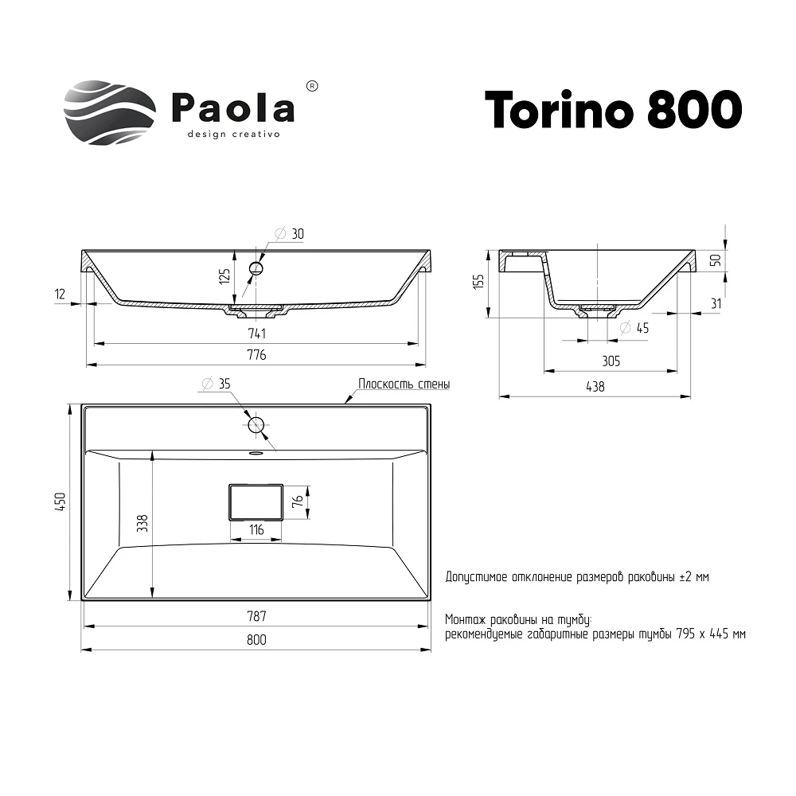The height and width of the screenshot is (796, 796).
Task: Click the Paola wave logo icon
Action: coord(109,112)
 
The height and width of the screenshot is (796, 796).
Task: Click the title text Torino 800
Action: coord(613,109)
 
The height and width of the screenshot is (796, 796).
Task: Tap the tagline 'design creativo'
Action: coord(232,135)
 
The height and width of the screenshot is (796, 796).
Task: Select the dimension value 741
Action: coord(256,333)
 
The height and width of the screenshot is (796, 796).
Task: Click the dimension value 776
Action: coord(256,354)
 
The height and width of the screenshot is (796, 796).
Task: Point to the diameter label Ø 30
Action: coord(290,234)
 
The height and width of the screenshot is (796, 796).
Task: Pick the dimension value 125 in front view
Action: coord(224,276)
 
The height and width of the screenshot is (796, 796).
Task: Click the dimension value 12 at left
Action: coord(60,294)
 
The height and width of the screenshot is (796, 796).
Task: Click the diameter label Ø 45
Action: coord(634,327)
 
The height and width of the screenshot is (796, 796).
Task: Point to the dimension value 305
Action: coord(611,361)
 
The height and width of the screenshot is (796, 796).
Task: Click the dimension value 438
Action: coord(595,386)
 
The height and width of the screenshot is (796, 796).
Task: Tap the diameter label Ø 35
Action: coord(216,384)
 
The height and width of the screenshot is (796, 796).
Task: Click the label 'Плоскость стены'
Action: coord(404,384)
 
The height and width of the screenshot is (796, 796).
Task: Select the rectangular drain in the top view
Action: coord(255,501)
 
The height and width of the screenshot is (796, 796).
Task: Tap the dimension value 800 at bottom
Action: coord(256,639)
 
